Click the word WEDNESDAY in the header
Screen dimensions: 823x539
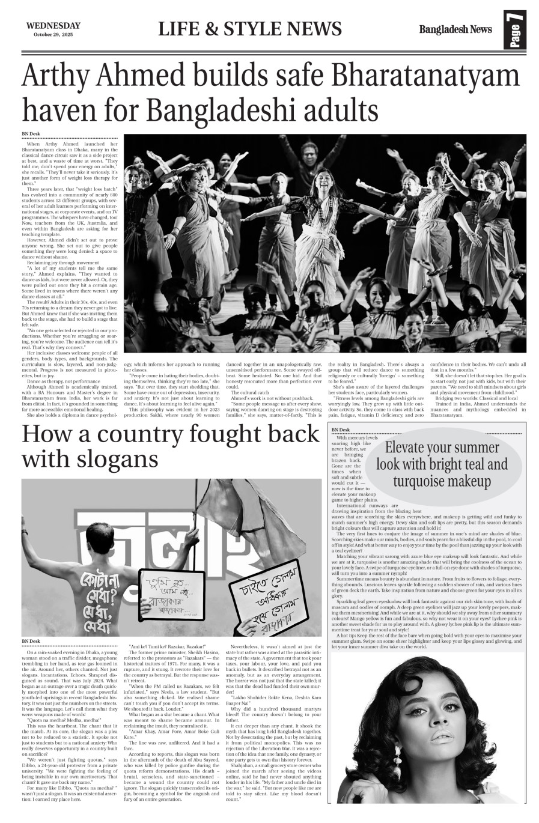53,26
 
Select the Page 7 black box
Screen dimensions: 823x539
515,29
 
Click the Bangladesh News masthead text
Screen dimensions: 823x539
455,29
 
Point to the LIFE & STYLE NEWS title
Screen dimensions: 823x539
250,29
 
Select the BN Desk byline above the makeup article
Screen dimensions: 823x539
340,430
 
